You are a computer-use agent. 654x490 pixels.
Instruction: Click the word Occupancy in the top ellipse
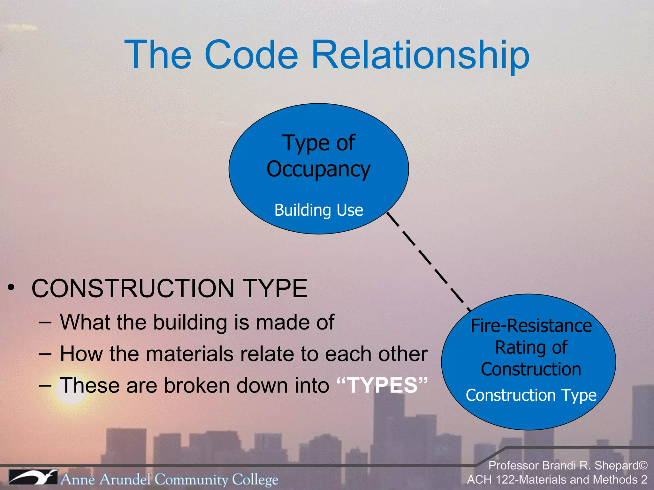point(318,169)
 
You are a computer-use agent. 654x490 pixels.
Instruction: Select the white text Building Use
point(319,210)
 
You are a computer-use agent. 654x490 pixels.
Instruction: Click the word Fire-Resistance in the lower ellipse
point(531,326)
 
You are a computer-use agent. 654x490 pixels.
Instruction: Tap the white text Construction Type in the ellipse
point(531,395)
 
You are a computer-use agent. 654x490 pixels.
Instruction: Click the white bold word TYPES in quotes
point(382,385)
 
